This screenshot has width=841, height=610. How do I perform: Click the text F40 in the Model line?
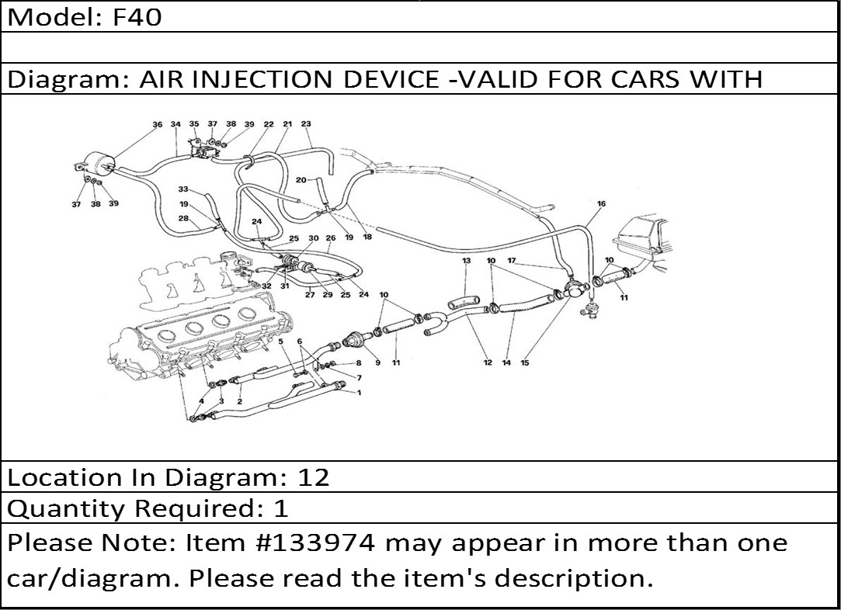[137, 17]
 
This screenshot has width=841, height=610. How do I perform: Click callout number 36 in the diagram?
[157, 125]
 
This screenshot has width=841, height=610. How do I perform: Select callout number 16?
[601, 203]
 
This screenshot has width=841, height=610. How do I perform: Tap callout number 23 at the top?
[306, 124]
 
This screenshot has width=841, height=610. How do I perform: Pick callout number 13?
[467, 261]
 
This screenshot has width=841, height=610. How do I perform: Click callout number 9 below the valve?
[377, 363]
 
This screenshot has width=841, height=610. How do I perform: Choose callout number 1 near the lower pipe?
[359, 393]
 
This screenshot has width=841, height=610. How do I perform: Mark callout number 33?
[183, 189]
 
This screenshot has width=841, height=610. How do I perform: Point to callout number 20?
[301, 180]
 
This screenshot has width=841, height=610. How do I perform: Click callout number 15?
[524, 363]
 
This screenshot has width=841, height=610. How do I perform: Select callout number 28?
[183, 219]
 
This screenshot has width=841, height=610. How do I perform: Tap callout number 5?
[280, 341]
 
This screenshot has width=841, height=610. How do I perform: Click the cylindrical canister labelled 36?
[98, 161]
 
